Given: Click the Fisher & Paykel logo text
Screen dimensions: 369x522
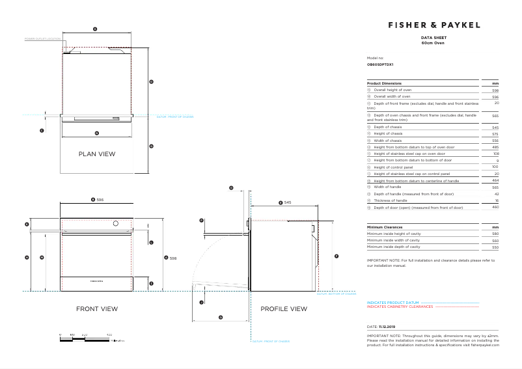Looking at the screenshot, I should click(433, 25).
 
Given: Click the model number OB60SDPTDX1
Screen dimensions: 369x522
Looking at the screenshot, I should click(379, 64).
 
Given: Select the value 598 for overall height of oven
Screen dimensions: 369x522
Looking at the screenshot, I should click(495, 90).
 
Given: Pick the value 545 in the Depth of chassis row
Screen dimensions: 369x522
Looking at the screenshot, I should click(495, 127).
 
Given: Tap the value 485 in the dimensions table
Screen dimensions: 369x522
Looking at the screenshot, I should click(495, 147).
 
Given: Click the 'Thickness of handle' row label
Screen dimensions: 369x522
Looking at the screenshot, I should click(391, 200).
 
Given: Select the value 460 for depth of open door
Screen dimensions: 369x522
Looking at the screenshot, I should click(495, 207).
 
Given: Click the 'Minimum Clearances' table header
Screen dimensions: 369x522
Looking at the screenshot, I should click(384, 227).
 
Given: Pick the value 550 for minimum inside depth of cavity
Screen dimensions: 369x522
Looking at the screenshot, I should click(495, 247).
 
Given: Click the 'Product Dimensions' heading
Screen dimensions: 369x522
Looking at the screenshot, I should click(384, 83).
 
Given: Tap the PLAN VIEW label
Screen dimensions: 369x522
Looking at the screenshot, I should click(96, 154).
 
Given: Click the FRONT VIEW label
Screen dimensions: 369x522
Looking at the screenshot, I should click(97, 308).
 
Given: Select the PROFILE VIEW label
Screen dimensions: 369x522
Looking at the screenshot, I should click(283, 308).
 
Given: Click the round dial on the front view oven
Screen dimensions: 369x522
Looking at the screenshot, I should click(116, 225).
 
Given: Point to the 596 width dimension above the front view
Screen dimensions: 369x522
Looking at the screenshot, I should click(100, 200).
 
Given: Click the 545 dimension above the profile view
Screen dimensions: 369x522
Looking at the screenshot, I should click(287, 203).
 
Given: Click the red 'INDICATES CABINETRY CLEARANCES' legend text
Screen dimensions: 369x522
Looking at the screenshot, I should click(400, 307).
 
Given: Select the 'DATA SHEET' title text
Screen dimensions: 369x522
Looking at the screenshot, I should click(433, 38).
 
